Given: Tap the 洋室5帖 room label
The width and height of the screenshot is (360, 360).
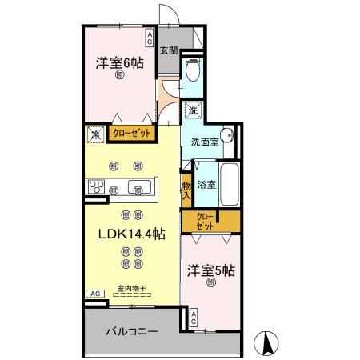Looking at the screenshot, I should [x=210, y=270].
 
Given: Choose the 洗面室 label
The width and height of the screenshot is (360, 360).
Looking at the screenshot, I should [x=205, y=142].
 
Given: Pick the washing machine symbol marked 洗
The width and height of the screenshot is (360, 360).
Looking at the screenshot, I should [x=192, y=110].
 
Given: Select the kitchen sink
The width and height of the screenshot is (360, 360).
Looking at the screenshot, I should [x=141, y=187].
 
